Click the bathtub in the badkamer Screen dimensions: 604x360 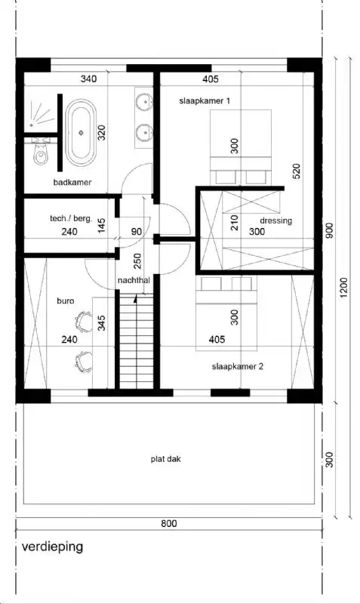click(x=80, y=136)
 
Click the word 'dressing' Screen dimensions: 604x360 click(x=275, y=220)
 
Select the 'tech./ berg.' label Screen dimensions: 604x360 click(x=71, y=219)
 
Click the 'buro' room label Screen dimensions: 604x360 click(x=66, y=300)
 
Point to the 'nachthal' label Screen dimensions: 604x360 click(x=134, y=281)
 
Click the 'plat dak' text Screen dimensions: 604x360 click(x=165, y=458)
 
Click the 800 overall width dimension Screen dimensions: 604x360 click(x=169, y=522)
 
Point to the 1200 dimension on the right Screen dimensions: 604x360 click(x=344, y=287)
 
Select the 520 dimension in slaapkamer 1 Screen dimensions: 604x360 click(x=297, y=170)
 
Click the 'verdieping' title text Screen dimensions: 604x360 click(x=52, y=546)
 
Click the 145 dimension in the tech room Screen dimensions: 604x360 click(x=101, y=225)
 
